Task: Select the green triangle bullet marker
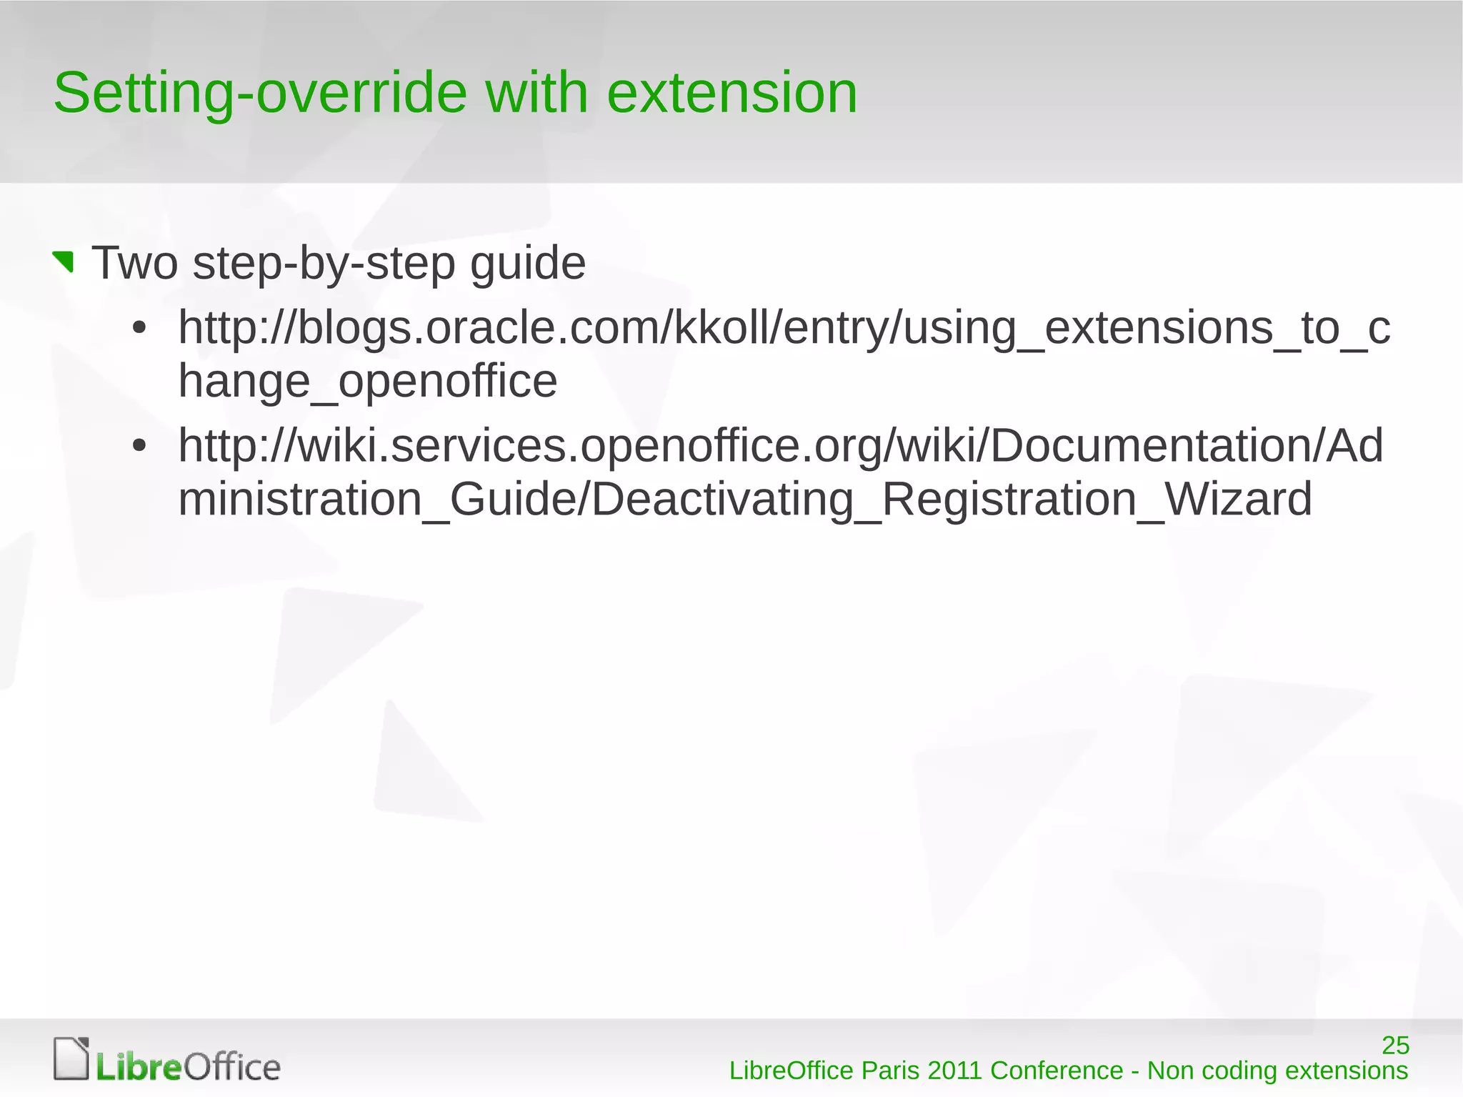click(64, 262)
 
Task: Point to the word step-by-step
click(324, 264)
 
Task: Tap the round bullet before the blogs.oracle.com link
click(139, 329)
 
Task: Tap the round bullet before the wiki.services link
click(139, 446)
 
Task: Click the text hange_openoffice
click(367, 381)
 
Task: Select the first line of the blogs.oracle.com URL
click(784, 328)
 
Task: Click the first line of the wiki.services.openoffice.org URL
click(780, 446)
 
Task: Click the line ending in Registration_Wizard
click(744, 499)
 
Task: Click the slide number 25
click(1395, 1046)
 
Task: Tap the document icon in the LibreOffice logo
click(71, 1058)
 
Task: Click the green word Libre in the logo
click(139, 1068)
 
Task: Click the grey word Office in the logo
click(232, 1068)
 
